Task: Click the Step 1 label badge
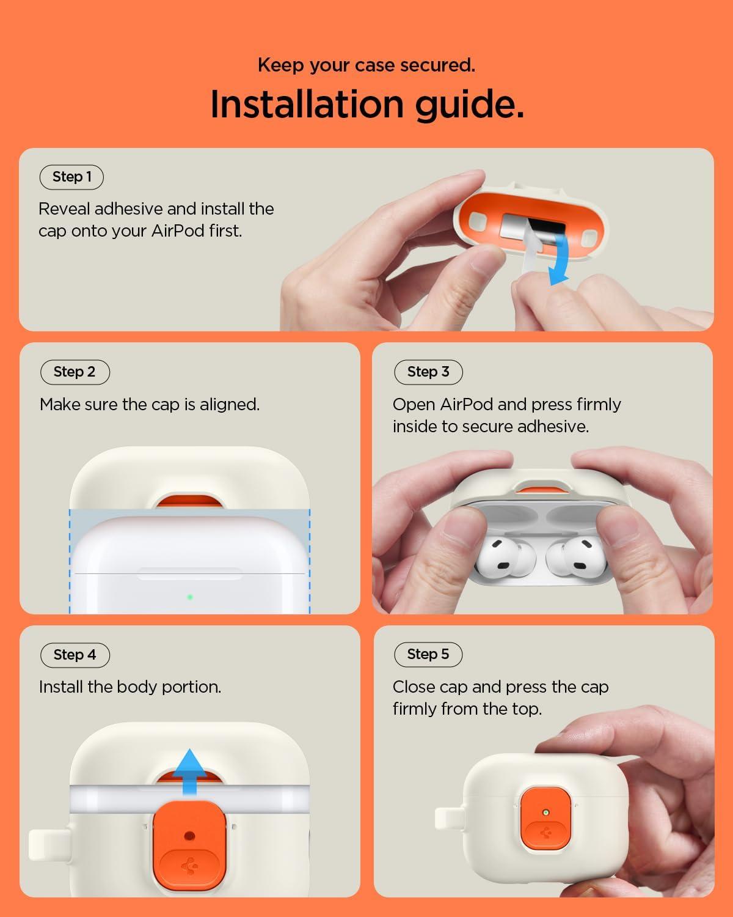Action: (x=71, y=177)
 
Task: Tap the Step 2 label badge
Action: (x=75, y=372)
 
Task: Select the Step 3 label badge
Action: (x=428, y=372)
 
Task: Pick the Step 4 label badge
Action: (x=75, y=655)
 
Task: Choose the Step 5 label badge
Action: (x=428, y=655)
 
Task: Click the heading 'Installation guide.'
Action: (x=367, y=105)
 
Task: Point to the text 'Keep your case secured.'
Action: (x=366, y=65)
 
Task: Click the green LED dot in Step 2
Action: (x=190, y=597)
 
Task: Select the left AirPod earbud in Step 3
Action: (x=505, y=557)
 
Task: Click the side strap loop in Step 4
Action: (x=48, y=844)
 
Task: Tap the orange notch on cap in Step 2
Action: (x=190, y=501)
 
